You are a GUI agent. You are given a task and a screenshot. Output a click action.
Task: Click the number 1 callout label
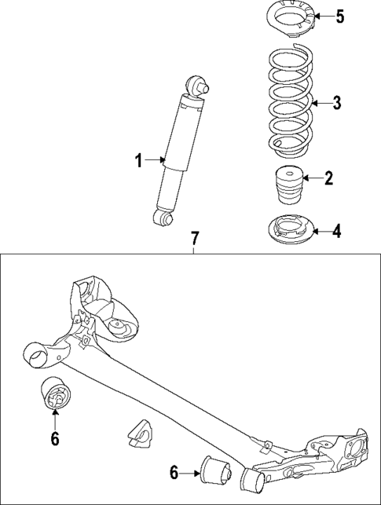tap(137, 161)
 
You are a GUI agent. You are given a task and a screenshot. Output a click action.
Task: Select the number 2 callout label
tap(328, 178)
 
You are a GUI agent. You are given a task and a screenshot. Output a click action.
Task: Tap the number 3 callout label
tap(337, 102)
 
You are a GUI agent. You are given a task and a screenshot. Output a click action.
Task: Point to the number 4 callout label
tap(337, 231)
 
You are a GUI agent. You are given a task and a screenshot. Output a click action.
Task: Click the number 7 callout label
tap(194, 237)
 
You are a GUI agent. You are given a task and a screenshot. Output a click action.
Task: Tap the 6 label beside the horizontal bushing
tap(174, 472)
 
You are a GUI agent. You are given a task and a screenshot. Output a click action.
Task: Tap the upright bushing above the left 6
tap(55, 399)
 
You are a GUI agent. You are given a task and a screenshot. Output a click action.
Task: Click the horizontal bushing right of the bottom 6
tap(215, 470)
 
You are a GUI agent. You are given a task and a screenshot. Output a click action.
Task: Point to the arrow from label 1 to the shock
tap(154, 161)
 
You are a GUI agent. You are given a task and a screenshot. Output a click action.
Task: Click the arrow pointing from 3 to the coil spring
tap(318, 102)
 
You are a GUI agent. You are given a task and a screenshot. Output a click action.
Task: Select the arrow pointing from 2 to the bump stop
tap(310, 179)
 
